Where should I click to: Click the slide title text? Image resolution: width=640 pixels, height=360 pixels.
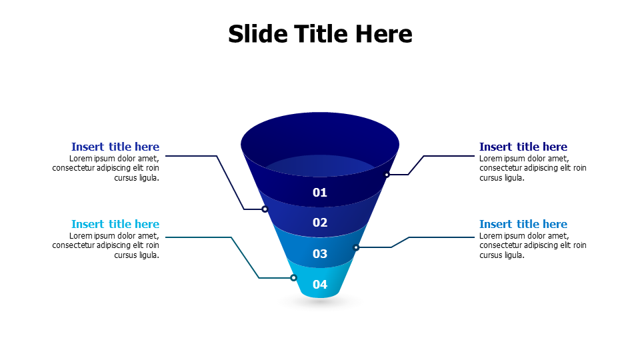320,33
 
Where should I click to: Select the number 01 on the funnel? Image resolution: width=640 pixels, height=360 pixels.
320,193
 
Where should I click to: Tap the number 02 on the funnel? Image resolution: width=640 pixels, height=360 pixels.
320,223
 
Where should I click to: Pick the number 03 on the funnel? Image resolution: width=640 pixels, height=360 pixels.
320,253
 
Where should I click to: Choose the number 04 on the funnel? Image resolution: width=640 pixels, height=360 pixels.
320,285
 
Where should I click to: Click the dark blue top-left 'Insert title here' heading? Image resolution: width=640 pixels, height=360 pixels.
115,147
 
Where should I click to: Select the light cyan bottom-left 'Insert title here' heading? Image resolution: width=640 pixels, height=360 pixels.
115,224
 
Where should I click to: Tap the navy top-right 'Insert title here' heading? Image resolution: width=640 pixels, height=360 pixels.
523,147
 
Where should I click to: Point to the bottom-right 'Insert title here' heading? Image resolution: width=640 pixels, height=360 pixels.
523,224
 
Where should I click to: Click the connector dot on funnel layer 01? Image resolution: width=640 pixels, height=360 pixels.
387,175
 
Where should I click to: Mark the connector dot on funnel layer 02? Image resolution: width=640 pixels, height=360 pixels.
265,209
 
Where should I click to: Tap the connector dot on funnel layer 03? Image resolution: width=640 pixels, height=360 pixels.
356,247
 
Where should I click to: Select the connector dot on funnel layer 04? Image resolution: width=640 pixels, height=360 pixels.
293,278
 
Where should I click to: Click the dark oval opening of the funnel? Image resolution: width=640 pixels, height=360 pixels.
320,137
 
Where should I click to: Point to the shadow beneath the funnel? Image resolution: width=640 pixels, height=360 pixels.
320,301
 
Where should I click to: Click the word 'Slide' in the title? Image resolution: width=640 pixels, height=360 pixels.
255,33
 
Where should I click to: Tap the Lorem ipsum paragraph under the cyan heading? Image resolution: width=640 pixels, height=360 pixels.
107,245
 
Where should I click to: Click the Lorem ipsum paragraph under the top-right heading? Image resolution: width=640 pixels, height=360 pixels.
533,168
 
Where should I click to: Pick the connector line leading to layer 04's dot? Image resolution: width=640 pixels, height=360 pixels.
244,257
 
